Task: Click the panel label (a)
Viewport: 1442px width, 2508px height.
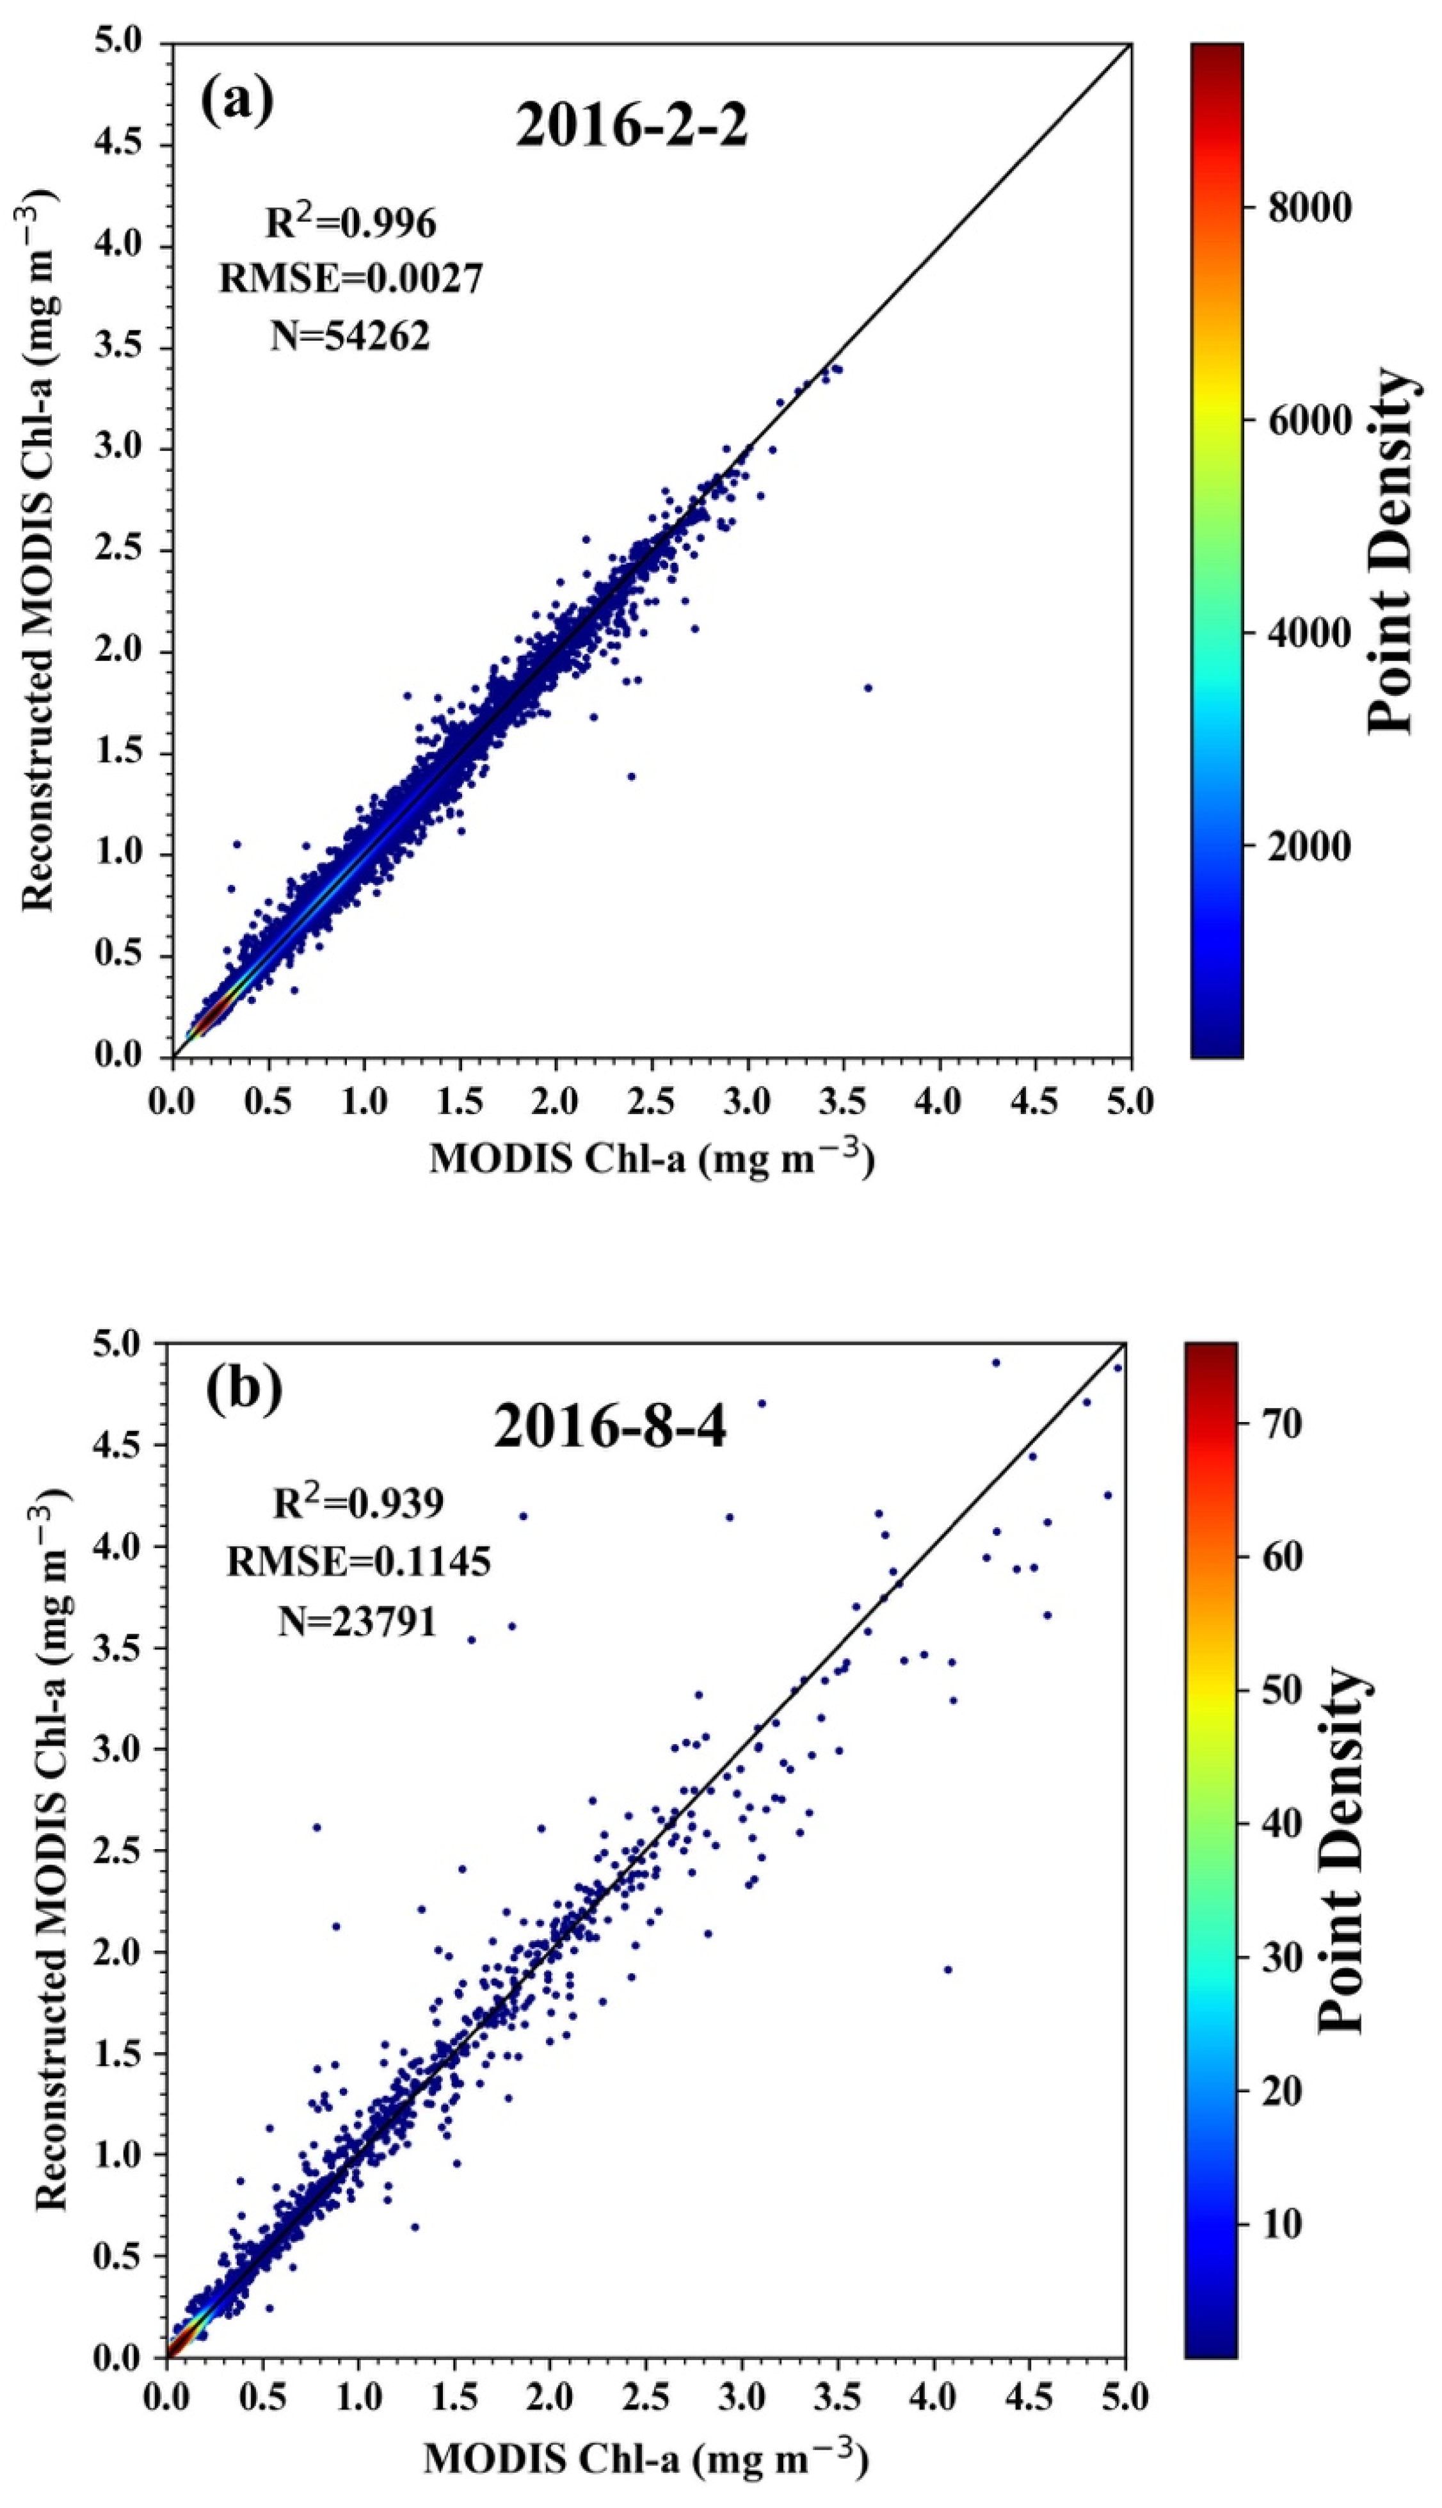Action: [x=237, y=100]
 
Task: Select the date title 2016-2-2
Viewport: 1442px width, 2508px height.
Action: [x=632, y=127]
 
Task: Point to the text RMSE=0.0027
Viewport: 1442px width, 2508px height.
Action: [x=351, y=279]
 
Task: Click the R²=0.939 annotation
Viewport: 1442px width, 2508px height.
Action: [x=358, y=1503]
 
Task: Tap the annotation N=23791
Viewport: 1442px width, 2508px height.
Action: [x=358, y=1621]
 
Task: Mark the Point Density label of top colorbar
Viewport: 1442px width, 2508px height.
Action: [x=1391, y=550]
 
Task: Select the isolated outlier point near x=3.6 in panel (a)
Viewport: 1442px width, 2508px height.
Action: [x=868, y=688]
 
